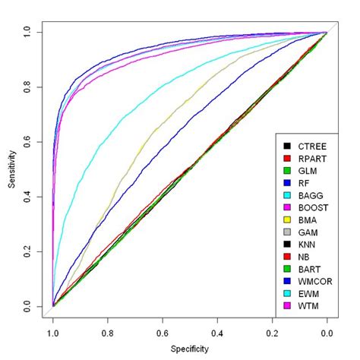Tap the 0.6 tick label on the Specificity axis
[163, 332]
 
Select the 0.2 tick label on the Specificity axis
[272, 332]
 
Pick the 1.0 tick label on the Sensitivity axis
[28, 33]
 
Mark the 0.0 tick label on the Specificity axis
[327, 332]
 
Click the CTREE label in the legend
[311, 145]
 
